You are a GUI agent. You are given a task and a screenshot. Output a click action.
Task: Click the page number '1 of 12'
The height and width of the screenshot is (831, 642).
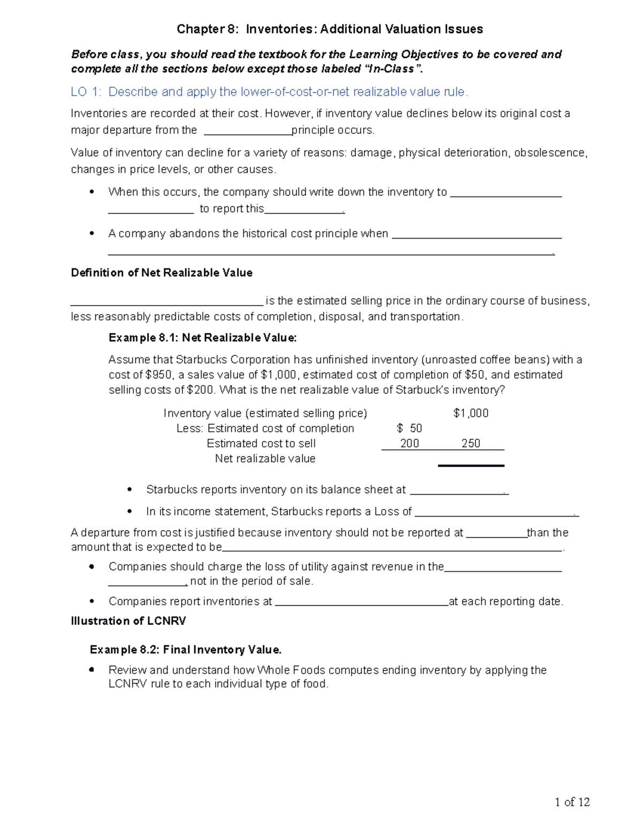572,802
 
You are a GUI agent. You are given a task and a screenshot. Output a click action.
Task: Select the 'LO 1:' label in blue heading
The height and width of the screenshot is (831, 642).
86,92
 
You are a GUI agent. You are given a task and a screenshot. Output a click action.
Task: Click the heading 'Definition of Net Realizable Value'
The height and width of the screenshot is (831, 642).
162,273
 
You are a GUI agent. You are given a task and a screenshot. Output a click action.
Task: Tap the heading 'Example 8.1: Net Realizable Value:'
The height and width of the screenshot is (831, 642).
202,338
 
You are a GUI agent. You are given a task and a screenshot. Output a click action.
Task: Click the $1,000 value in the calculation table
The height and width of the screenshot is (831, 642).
470,413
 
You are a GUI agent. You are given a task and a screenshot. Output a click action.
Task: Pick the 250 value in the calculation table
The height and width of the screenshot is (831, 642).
470,443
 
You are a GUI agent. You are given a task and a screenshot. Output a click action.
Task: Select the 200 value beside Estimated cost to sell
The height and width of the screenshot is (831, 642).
409,443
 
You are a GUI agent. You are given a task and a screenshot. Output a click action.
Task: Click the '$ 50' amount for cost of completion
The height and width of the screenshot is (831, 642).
409,428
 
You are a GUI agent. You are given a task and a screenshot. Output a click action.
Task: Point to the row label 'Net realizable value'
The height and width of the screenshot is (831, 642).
265,459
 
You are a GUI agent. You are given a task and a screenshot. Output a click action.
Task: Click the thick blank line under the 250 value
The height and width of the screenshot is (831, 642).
471,466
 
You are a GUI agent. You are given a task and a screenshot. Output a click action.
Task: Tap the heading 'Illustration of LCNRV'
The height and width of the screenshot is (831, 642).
128,621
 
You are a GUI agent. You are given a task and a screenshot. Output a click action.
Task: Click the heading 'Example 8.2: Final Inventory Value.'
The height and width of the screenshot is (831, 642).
186,650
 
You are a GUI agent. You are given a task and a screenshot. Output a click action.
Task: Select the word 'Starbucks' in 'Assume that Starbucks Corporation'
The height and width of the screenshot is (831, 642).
202,360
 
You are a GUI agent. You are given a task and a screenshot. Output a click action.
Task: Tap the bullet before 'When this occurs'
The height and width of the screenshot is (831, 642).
93,192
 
